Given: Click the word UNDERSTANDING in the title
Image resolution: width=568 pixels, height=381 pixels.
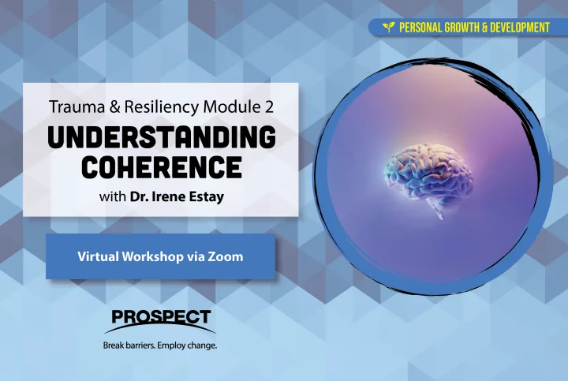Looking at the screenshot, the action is (162, 137).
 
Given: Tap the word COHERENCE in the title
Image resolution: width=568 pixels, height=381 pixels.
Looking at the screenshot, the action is (162, 167).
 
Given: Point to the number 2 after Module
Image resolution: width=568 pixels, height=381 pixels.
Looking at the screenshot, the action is (269, 107).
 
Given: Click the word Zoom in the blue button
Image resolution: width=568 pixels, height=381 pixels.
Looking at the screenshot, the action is (225, 256).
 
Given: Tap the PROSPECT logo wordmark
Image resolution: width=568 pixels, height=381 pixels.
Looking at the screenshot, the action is (161, 316).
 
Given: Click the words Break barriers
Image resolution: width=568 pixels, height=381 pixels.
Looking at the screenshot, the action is (129, 346).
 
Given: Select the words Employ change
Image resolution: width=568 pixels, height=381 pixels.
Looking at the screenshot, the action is (188, 346).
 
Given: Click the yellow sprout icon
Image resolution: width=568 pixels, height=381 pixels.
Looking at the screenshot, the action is (389, 27).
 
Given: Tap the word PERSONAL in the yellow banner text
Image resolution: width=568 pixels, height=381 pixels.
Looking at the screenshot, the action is (420, 28).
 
